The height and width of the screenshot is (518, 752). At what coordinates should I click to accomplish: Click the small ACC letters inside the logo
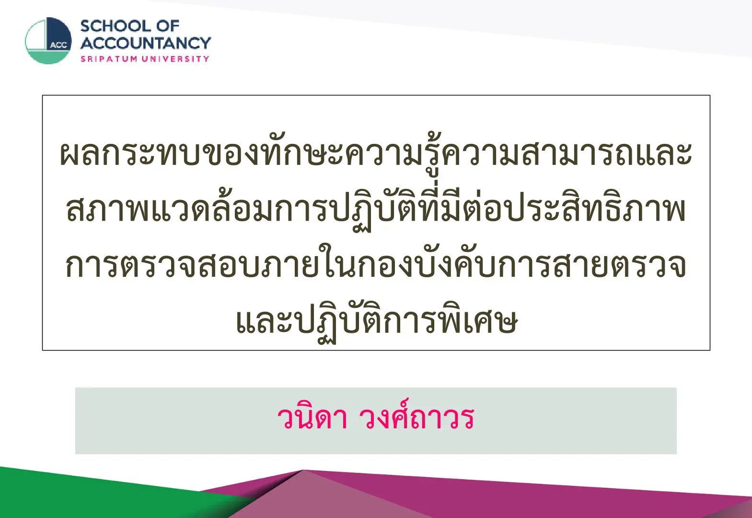coord(58,45)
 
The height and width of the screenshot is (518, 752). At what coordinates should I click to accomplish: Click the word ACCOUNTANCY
coord(146,43)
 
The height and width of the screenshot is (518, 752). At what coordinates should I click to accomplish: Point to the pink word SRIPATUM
coord(109,59)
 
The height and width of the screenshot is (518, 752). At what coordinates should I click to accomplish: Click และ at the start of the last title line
coord(262,321)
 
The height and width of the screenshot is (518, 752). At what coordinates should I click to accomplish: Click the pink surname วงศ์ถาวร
coord(416,416)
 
